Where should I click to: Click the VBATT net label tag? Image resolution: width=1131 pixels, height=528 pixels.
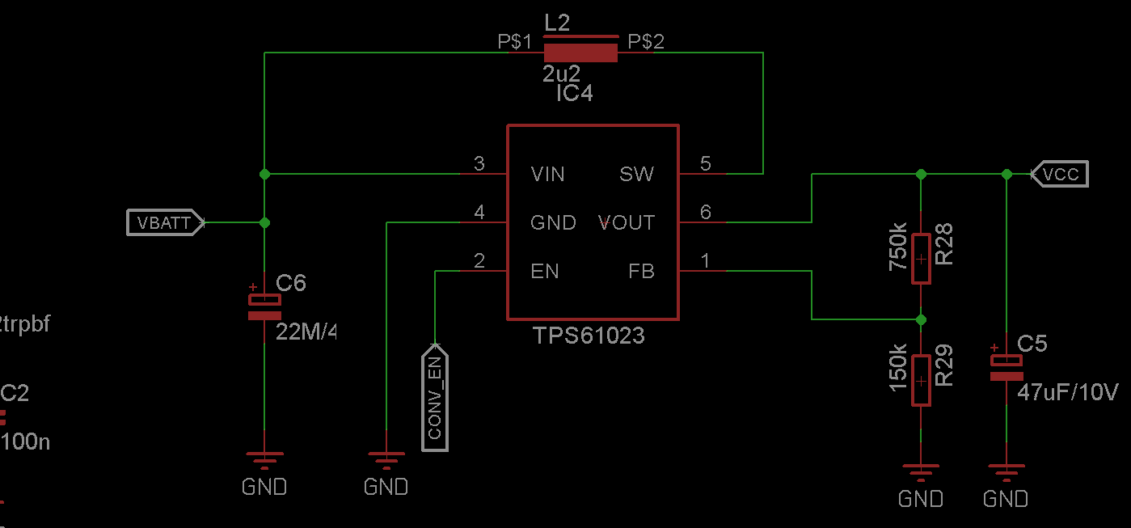click(x=165, y=222)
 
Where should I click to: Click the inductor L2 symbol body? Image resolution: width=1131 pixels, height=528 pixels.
click(x=580, y=53)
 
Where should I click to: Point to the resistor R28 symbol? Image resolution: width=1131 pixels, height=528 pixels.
click(x=921, y=259)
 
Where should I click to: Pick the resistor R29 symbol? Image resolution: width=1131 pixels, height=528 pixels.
click(x=921, y=380)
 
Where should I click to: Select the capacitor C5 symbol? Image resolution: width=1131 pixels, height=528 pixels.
click(x=1007, y=368)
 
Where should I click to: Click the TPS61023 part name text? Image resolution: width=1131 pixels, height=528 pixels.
click(x=589, y=336)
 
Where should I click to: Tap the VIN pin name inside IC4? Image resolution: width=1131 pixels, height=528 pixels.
click(x=547, y=174)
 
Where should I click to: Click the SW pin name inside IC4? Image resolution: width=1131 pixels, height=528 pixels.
click(x=636, y=174)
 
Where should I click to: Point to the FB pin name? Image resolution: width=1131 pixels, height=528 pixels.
click(x=641, y=272)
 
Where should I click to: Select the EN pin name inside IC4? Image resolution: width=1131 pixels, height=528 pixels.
click(x=544, y=272)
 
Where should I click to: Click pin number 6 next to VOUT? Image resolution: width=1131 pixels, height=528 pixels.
click(x=706, y=212)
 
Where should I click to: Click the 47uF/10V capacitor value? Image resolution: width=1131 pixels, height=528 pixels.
click(x=1067, y=393)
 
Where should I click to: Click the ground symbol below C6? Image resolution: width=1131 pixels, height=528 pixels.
click(x=264, y=462)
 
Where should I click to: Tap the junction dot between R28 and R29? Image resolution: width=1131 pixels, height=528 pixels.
click(x=921, y=319)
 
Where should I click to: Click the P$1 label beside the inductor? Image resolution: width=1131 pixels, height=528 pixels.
click(x=515, y=42)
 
